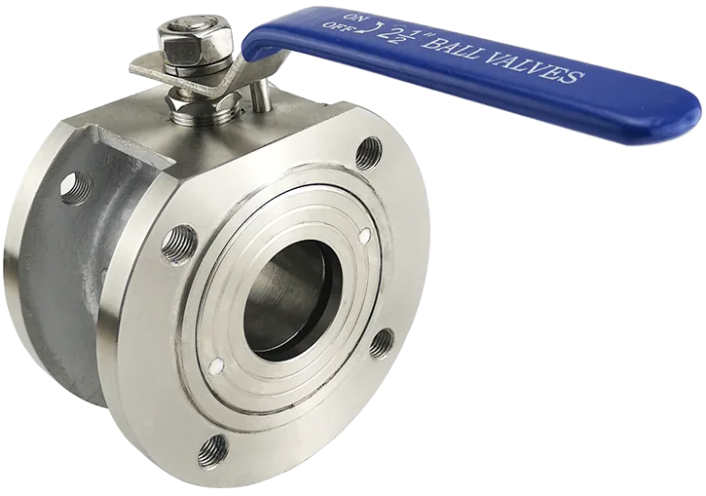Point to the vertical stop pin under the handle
coord(260,95)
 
